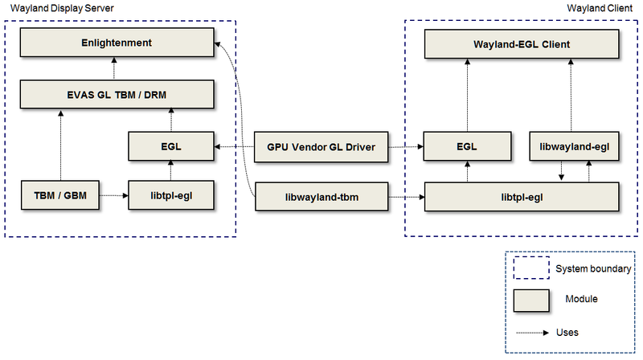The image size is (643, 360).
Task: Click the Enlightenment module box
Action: (x=117, y=42)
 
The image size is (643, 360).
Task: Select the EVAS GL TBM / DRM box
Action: (x=117, y=93)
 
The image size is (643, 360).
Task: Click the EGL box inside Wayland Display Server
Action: (x=171, y=146)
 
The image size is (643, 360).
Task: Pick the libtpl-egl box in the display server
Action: (x=171, y=195)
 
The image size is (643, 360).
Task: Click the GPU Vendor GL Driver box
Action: (x=321, y=146)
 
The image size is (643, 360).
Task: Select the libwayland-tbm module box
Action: (x=321, y=195)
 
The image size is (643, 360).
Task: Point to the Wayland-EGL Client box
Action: (x=522, y=44)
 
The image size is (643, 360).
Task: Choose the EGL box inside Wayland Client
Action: (x=467, y=146)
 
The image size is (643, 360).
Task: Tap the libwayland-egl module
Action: (x=574, y=146)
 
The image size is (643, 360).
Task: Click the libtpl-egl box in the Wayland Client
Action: (x=522, y=196)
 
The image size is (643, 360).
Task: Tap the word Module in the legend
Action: (x=584, y=299)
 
